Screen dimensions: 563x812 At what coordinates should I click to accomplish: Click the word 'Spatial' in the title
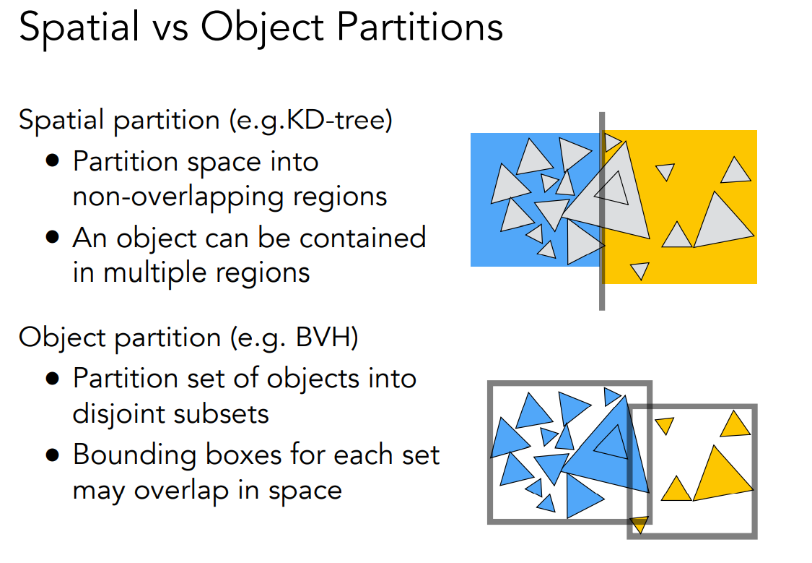click(79, 29)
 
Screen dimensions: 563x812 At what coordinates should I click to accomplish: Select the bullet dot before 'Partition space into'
click(53, 160)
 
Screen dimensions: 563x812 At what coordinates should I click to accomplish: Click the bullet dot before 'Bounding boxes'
click(53, 455)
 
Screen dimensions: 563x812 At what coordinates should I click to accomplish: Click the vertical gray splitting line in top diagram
click(602, 289)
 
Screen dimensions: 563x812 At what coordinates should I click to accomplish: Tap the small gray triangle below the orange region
click(639, 270)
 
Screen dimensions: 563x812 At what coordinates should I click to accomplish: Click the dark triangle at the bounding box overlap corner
click(639, 524)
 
